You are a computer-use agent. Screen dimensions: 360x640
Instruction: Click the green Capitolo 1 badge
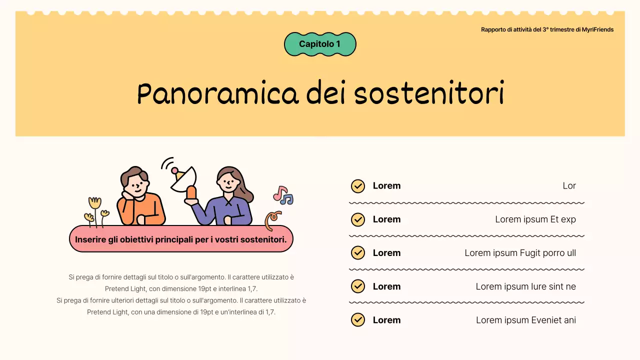coord(320,44)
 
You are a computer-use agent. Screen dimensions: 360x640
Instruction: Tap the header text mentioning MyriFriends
coord(547,29)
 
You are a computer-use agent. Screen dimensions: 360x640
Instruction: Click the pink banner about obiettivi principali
coord(180,239)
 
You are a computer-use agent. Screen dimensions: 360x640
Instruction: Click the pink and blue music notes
coord(283,195)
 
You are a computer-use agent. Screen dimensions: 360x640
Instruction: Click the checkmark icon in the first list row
coord(357,186)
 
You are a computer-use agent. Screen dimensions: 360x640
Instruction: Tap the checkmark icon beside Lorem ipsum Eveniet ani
coord(357,320)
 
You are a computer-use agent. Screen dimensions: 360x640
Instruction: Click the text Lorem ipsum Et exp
coord(535,219)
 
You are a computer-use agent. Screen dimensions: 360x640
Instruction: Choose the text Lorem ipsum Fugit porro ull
coord(520,253)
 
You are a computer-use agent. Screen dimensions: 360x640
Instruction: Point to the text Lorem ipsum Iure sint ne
coord(525,286)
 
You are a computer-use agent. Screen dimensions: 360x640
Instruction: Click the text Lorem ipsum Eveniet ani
coord(525,320)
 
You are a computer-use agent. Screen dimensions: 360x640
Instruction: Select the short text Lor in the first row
coord(569,186)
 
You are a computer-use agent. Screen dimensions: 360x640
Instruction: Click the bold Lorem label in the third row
coord(386,253)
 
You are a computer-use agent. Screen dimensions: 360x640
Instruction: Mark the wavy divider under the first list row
coord(466,203)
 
